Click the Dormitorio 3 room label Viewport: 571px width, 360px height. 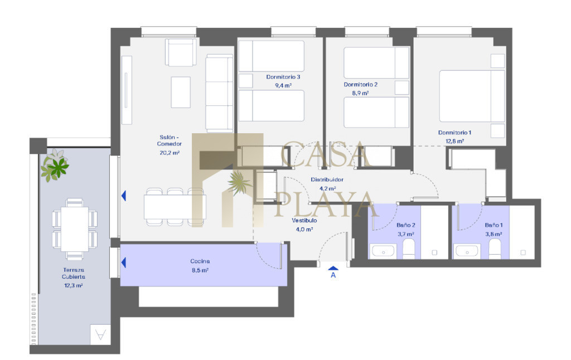coord(283,77)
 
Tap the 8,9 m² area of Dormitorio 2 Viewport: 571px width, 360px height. coord(360,93)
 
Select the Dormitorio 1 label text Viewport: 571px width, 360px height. coord(454,133)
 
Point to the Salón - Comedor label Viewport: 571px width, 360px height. coord(170,140)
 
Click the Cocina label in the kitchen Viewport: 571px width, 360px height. coord(200,261)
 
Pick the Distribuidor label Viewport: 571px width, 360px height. coord(327,179)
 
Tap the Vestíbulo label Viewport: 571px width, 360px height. coord(304,221)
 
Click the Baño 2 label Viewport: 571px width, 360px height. coord(406,225)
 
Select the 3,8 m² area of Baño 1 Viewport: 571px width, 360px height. coord(493,234)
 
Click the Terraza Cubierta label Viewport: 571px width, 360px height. coord(74,274)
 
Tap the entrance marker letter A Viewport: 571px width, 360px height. coord(333,275)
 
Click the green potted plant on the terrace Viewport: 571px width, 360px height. coord(55,166)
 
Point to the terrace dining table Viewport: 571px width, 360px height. coord(75,229)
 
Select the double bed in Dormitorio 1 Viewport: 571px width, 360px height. coord(472,96)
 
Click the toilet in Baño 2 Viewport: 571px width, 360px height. coord(409,249)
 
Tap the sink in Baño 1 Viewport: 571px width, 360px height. coord(467,251)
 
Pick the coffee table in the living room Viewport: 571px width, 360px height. coord(181,92)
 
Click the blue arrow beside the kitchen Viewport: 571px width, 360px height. coord(124,262)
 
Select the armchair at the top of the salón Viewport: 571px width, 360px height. coord(181,52)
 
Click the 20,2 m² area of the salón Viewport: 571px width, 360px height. coord(170,153)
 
